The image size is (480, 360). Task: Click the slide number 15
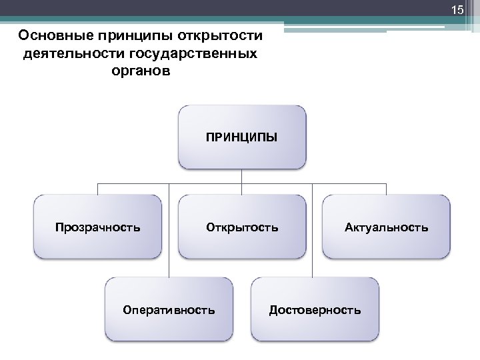[457, 10]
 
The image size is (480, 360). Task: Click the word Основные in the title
[55, 35]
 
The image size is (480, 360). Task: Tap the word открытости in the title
[224, 35]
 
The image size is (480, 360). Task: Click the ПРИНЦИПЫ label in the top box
[242, 138]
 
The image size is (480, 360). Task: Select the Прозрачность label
[98, 227]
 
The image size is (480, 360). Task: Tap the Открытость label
[242, 227]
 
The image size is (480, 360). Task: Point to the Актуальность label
[387, 227]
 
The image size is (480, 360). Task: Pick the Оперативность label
[169, 310]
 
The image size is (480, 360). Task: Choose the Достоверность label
[315, 310]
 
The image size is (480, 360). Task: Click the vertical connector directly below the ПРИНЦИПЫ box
[242, 176]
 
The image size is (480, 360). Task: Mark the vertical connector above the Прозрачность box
[98, 189]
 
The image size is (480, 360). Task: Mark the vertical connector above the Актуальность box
[387, 189]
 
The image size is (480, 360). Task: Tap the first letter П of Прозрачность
[59, 227]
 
